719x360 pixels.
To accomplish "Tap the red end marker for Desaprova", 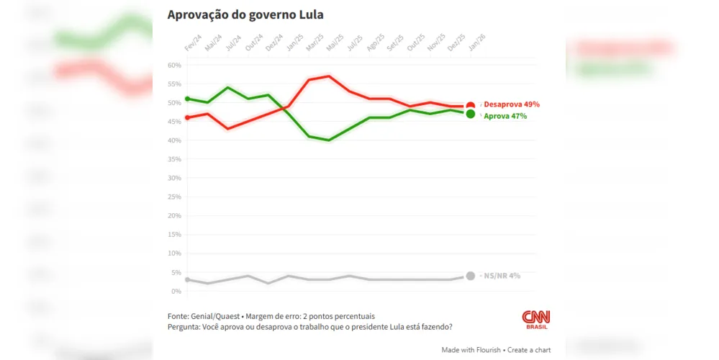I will (471, 107).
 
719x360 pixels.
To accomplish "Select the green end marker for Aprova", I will (471, 114).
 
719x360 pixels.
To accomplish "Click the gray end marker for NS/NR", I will (471, 276).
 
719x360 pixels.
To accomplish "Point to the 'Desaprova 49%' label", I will (511, 104).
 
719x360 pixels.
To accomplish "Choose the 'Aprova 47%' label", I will (505, 116).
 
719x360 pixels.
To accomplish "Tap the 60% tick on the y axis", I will (173, 66).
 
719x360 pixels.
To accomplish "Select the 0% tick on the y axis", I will (175, 292).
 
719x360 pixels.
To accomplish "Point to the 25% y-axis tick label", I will (173, 197).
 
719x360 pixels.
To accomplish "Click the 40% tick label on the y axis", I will (173, 141).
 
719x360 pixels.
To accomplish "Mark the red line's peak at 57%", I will (329, 76).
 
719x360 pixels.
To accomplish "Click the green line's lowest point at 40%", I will (329, 140).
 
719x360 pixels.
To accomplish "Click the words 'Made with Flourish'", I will (471, 350).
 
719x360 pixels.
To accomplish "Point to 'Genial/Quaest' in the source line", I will (214, 316).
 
